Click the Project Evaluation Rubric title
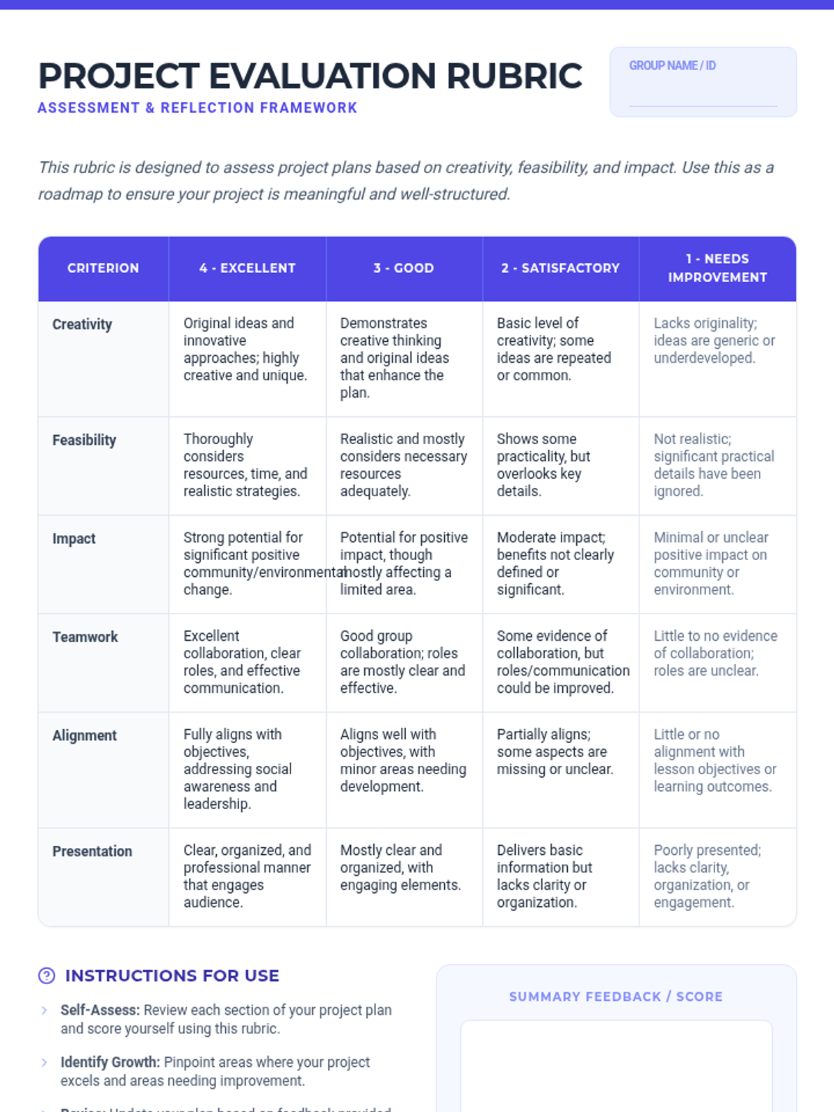[x=310, y=76]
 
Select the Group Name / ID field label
[x=672, y=65]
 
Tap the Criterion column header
[x=103, y=268]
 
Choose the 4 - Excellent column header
[x=247, y=268]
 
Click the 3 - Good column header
[x=404, y=268]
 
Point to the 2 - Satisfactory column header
[x=560, y=268]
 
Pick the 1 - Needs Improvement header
[x=717, y=268]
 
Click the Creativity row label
[x=82, y=325]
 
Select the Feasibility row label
[x=84, y=440]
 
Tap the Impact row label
[x=74, y=539]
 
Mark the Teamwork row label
[x=85, y=637]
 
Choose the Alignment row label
[x=84, y=735]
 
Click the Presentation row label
[x=92, y=851]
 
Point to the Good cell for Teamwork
[x=402, y=662]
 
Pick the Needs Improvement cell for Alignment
[x=715, y=760]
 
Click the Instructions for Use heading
[x=172, y=976]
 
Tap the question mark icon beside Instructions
[x=47, y=976]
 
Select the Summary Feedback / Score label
[x=616, y=997]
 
